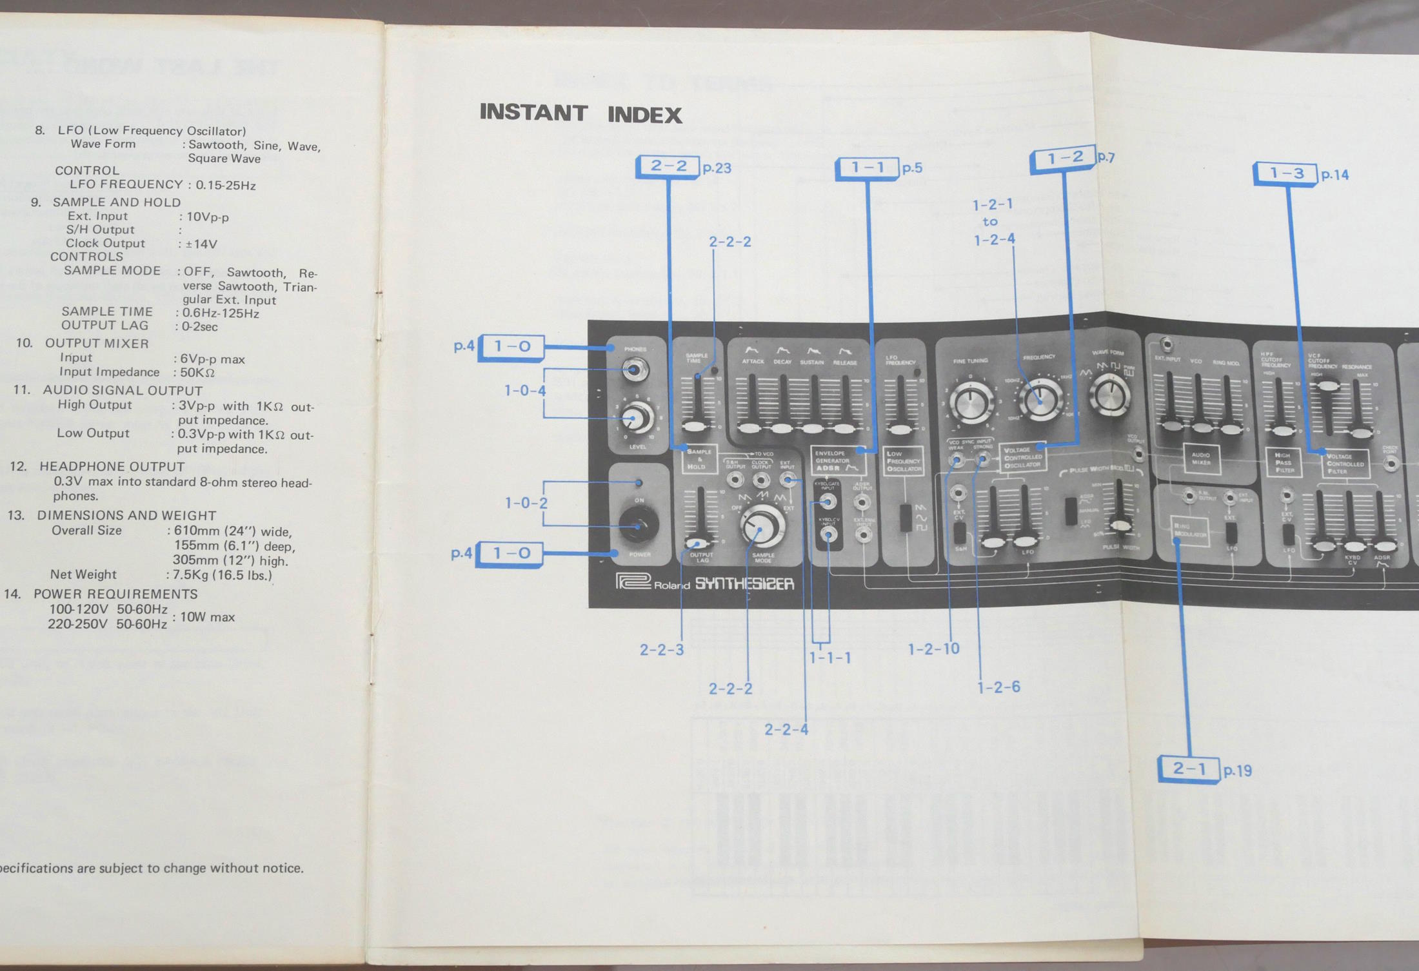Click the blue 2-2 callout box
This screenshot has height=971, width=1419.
coord(668,166)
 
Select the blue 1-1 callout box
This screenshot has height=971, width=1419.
coord(868,168)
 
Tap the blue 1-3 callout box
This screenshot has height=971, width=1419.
coord(1285,173)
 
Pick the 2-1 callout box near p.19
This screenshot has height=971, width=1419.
coord(1189,769)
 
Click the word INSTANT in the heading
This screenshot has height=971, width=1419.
coord(533,113)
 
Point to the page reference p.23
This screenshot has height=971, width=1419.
coord(717,168)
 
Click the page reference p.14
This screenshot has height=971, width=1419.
coord(1335,175)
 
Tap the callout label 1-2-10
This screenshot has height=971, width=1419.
coord(933,649)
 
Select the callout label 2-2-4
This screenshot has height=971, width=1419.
coord(786,729)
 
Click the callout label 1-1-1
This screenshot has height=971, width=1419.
coord(830,657)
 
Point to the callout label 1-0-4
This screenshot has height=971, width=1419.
coord(525,390)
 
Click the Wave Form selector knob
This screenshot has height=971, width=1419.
coord(1109,394)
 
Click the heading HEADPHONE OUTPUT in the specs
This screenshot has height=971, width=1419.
coord(112,466)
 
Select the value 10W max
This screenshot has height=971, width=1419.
coord(207,617)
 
